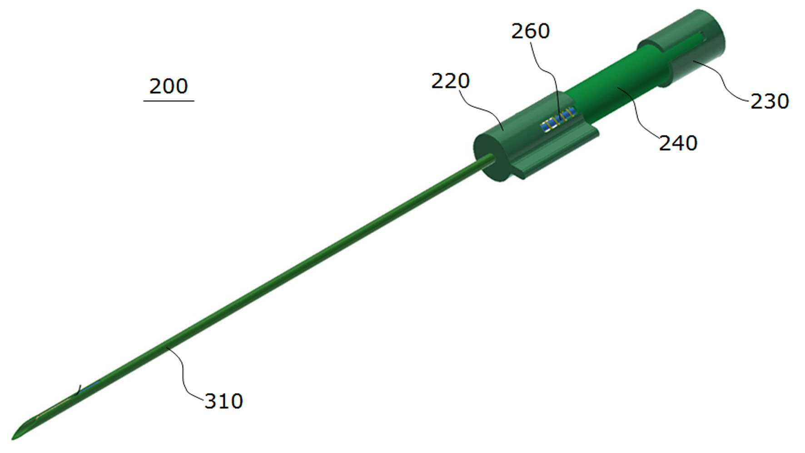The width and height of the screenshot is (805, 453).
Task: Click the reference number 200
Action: pyautogui.click(x=168, y=86)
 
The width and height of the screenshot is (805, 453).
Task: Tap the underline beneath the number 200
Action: pyautogui.click(x=169, y=101)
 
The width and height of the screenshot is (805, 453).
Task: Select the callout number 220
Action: pyautogui.click(x=450, y=81)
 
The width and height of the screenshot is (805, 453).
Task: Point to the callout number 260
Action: pyautogui.click(x=531, y=31)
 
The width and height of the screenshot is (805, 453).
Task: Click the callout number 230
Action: pyautogui.click(x=770, y=101)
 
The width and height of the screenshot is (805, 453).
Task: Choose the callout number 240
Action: pyautogui.click(x=678, y=143)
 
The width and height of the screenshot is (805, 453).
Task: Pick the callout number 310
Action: pyautogui.click(x=224, y=401)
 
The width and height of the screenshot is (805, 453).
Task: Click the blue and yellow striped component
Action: pyautogui.click(x=557, y=120)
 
